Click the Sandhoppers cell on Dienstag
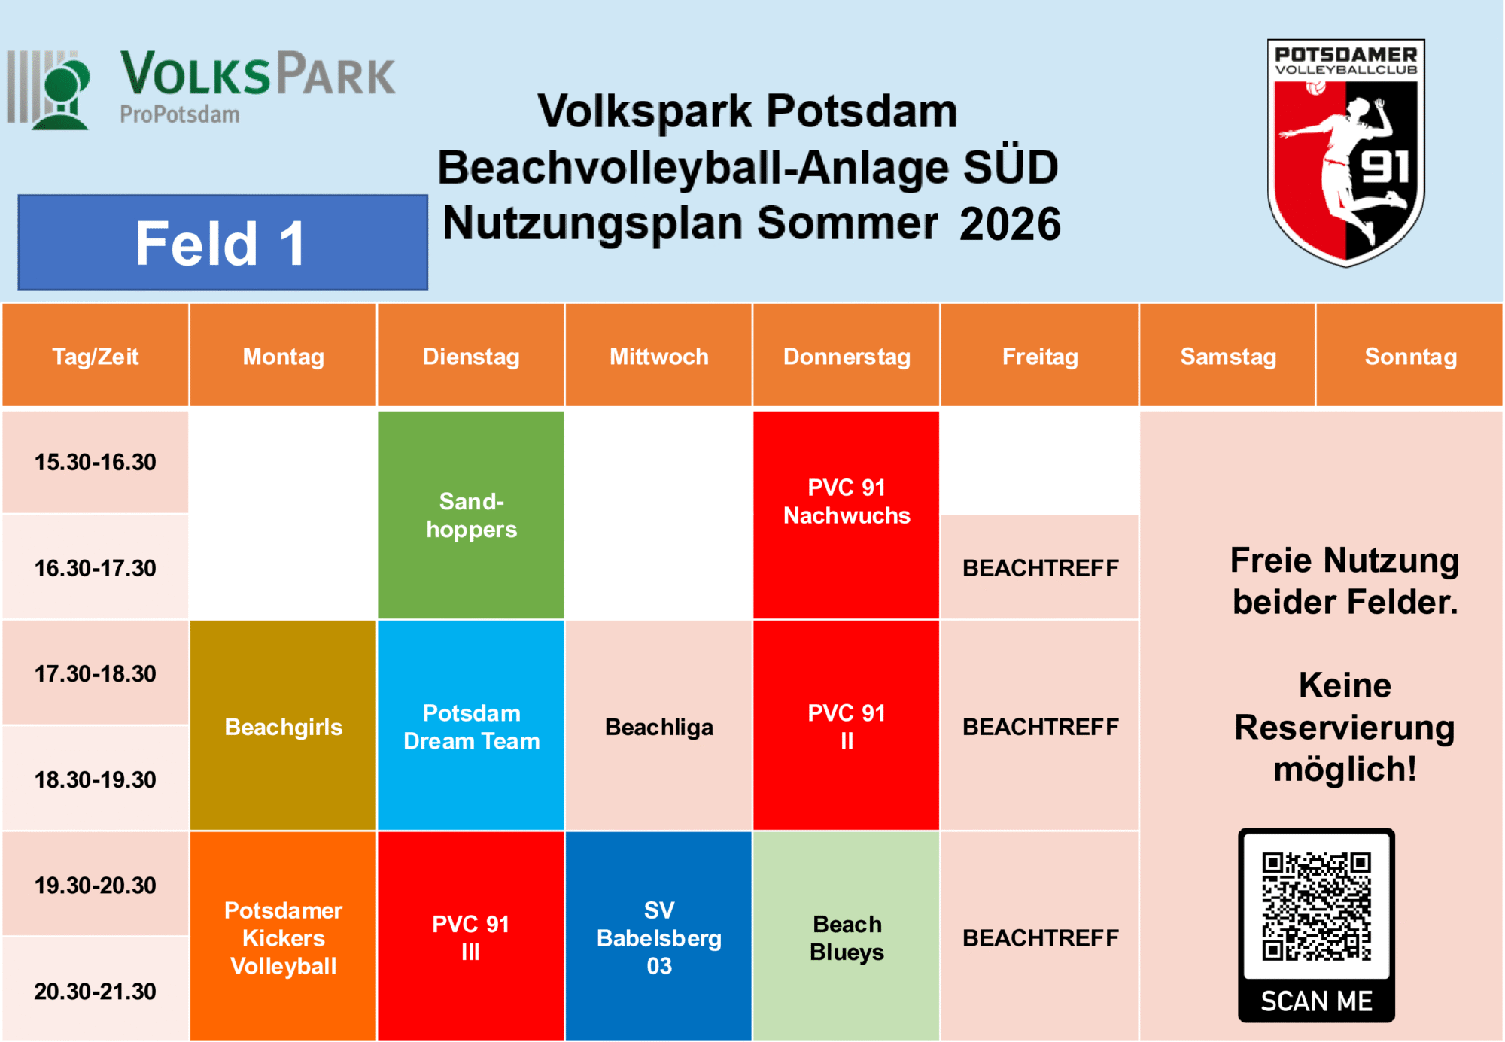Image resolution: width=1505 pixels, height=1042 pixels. (x=471, y=515)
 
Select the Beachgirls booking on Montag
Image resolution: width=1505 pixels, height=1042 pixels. (x=283, y=725)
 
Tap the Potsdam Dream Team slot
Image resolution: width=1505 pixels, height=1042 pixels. (x=471, y=725)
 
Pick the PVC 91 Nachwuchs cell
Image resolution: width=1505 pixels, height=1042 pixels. (x=847, y=515)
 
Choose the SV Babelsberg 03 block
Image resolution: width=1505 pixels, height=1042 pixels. (x=658, y=936)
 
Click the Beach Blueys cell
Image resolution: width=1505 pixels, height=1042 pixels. (x=847, y=936)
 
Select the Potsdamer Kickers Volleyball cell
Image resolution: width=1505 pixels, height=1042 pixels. (x=283, y=936)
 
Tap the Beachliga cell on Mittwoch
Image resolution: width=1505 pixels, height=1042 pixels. (x=658, y=725)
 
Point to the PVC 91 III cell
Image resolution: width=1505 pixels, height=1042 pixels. (x=471, y=936)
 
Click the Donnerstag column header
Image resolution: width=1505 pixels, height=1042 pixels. (x=847, y=355)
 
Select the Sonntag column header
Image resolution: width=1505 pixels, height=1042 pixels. (x=1410, y=355)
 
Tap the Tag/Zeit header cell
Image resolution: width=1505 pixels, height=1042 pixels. (x=96, y=355)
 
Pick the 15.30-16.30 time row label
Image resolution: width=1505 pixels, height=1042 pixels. (x=96, y=462)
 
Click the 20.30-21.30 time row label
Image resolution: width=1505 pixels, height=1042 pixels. (x=96, y=990)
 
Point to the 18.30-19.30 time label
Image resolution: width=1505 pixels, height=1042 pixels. (x=96, y=779)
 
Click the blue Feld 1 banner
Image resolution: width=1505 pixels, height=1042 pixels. (x=223, y=242)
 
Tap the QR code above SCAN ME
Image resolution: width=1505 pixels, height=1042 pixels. (x=1316, y=907)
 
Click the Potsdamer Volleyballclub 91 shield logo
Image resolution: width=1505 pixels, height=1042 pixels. (x=1345, y=153)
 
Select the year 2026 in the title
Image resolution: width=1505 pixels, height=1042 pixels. (x=1010, y=224)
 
